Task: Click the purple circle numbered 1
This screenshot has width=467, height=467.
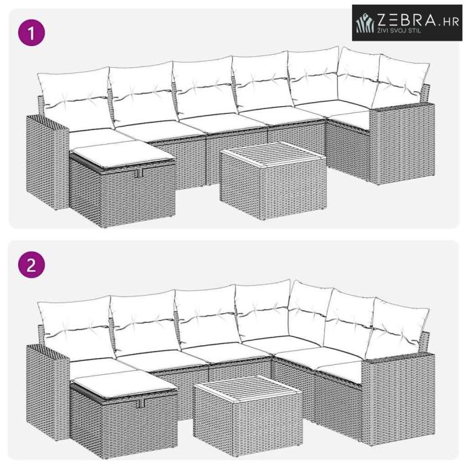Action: [x=32, y=32]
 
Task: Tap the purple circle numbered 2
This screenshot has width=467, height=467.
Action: [x=32, y=265]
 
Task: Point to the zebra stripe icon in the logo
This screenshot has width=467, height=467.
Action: [x=365, y=23]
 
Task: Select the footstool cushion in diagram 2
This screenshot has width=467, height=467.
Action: [x=125, y=383]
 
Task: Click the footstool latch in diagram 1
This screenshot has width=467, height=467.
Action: [x=139, y=173]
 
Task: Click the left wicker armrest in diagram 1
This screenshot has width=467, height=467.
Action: [x=47, y=162]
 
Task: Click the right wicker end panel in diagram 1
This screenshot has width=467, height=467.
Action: [x=402, y=143]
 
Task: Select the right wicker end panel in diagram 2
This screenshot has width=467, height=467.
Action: [x=398, y=397]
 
